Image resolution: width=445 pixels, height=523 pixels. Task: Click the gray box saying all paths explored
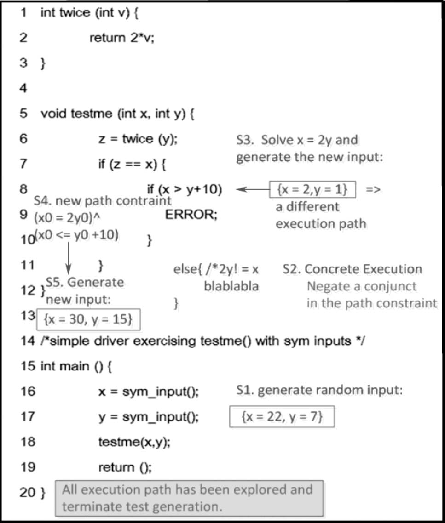tap(190, 497)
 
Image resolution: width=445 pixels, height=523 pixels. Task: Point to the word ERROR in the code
tap(191, 214)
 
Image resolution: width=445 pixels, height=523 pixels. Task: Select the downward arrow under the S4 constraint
tap(68, 258)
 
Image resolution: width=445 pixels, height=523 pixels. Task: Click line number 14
tap(27, 341)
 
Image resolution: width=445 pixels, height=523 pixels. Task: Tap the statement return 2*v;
tap(122, 38)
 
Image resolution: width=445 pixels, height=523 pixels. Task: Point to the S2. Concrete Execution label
tap(352, 269)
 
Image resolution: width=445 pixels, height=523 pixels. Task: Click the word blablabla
tap(231, 286)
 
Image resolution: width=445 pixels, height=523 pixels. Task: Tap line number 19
tap(27, 467)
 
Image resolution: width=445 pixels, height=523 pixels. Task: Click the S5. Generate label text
tap(85, 282)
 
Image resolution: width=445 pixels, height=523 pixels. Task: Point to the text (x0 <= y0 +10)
tap(77, 235)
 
